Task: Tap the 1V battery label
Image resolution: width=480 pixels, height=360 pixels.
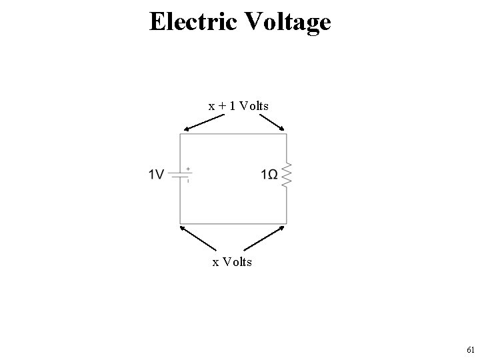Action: point(157,175)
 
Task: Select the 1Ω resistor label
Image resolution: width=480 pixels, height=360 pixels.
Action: point(270,175)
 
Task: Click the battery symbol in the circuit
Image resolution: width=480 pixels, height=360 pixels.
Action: point(180,175)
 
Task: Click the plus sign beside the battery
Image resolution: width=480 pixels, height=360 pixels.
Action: point(188,169)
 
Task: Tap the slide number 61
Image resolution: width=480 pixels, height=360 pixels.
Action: point(471,349)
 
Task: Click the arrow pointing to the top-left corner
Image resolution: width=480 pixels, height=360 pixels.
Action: point(204,123)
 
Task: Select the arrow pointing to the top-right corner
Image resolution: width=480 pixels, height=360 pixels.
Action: point(271,123)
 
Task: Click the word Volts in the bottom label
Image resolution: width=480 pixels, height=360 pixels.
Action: point(238,262)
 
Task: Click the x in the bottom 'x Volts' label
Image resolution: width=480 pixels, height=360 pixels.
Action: point(215,262)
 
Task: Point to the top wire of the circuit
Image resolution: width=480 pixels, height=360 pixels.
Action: point(233,134)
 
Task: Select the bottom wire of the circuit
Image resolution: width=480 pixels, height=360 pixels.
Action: point(233,223)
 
